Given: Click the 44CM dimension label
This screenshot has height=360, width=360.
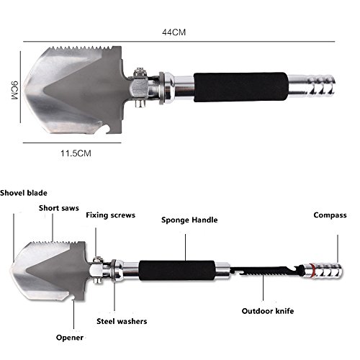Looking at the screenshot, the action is point(174,32).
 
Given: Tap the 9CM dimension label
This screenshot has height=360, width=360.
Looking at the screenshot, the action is point(14,91).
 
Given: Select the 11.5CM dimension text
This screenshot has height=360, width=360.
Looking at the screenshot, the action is point(76,153).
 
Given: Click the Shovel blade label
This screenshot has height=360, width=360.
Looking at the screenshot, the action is point(24,193).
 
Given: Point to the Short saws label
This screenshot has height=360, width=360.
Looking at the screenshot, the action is point(59,208).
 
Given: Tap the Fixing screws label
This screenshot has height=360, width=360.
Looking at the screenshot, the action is point(111,215).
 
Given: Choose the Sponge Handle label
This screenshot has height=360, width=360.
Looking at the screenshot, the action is point(189,220).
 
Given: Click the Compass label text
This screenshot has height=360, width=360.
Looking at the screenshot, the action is point(330,215).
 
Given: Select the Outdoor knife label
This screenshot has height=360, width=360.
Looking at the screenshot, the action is point(268,311).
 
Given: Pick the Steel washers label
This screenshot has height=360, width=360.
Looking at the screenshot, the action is point(122,321).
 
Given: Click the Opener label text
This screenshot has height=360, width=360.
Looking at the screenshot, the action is point(70,338).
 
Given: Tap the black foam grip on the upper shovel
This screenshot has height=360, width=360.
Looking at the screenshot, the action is point(240,87).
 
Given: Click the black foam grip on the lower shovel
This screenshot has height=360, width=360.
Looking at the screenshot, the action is point(177,271).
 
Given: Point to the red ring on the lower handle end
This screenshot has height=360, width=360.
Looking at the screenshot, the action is point(312,271).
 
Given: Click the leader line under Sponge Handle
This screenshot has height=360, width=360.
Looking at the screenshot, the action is point(185,247).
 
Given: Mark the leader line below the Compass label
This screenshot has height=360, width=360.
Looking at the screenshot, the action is point(338,249).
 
